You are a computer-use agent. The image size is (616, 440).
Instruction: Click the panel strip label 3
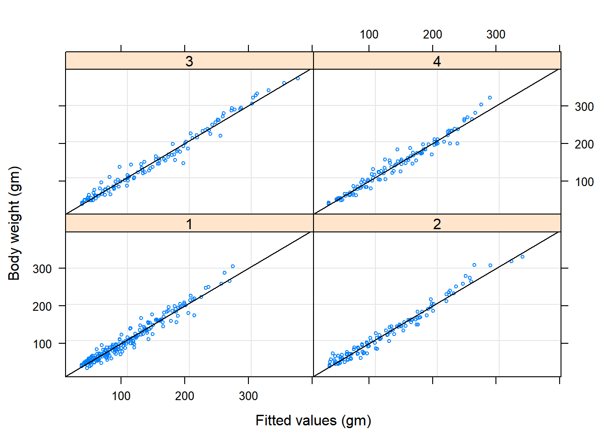point(189,61)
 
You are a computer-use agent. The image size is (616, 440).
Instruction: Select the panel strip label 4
point(437,61)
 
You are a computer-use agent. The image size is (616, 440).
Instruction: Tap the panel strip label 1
point(189,224)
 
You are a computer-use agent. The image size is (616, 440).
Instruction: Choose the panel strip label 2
point(437,224)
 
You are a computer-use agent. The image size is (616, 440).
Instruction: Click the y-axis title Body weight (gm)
point(14,223)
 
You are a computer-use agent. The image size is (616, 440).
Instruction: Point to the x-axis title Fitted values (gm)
point(313,420)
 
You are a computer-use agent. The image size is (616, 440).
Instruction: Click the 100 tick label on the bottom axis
point(121,396)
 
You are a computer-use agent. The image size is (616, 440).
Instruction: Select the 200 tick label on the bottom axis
point(185,396)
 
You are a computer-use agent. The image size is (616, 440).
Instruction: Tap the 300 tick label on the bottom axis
point(248,396)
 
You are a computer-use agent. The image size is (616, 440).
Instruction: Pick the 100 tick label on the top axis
point(369,34)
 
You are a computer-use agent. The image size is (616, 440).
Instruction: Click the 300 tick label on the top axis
point(496,34)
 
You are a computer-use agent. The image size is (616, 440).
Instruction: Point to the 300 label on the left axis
point(42,269)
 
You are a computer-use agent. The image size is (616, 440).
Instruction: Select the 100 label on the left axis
point(42,344)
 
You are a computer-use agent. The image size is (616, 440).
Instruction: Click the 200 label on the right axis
point(584,144)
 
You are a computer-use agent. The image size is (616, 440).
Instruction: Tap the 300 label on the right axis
point(584,107)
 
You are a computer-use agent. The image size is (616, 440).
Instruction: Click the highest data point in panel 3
point(298,78)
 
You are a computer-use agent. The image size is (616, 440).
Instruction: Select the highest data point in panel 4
point(490,98)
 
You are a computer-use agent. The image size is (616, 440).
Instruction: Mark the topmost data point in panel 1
point(233,266)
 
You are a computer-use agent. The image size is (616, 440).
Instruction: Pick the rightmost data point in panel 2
point(522,257)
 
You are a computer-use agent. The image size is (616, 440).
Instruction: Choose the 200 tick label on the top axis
point(433,34)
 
